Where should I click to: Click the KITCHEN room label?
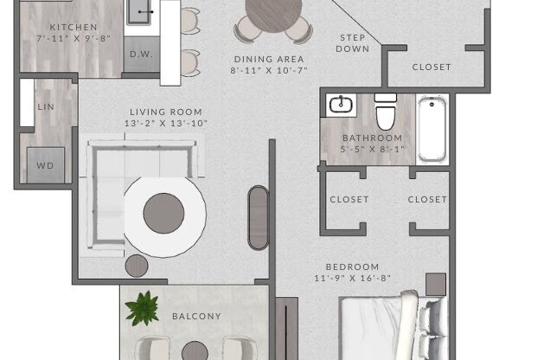74,28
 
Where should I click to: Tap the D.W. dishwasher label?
141,54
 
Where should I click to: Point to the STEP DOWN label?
354,43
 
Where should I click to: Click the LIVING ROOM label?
166,112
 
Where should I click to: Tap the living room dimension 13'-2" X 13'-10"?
166,124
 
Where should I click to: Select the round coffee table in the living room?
164,213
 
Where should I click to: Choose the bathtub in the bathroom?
432,130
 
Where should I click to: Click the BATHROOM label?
372,138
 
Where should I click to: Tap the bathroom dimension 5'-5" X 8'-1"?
372,149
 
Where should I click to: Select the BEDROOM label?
352,267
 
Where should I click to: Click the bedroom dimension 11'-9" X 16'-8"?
352,279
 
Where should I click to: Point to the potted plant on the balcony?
142,308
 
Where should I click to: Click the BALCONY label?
196,317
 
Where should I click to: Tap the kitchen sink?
141,12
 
